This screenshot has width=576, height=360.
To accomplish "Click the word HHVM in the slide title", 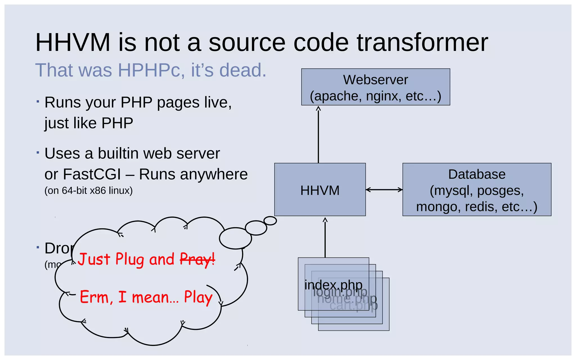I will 73,42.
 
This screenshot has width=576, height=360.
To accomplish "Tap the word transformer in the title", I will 422,42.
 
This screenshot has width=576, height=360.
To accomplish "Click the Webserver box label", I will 375,80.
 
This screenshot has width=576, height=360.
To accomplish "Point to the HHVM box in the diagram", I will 320,190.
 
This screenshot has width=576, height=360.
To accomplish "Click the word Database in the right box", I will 477,174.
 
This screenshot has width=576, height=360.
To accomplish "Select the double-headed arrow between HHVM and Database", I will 384,190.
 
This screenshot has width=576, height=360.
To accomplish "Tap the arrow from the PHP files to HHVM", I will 325,238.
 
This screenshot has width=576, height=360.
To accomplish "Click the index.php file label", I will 333,285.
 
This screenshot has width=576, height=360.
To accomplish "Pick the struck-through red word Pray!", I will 197,259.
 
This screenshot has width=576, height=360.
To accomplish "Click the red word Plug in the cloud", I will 130,259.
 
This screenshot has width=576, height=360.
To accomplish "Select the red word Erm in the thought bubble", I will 94,297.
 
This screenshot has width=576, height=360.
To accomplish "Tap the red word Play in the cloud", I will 198,298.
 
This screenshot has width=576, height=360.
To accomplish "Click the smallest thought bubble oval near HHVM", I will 270,221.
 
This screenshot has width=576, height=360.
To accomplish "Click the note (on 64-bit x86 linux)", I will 88,191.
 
